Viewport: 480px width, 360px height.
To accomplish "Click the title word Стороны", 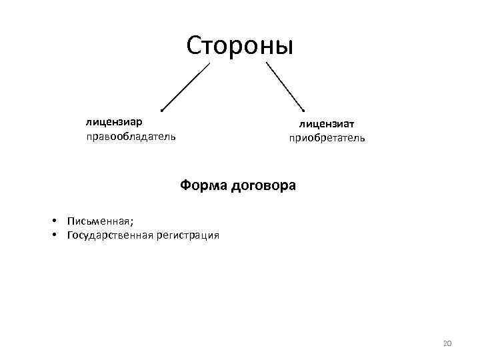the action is pyautogui.click(x=240, y=45).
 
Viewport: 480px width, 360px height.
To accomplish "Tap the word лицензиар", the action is pyautogui.click(x=113, y=123).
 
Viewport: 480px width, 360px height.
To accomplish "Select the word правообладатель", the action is pyautogui.click(x=131, y=137).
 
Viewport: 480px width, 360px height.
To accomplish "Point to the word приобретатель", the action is pyautogui.click(x=327, y=139).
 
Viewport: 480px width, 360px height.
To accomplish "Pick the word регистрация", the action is pyautogui.click(x=189, y=235).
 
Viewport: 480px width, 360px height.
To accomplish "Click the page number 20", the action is pyautogui.click(x=447, y=343).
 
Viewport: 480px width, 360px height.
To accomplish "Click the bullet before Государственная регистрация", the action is pyautogui.click(x=53, y=235).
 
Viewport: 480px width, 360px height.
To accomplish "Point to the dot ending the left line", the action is pyautogui.click(x=162, y=110).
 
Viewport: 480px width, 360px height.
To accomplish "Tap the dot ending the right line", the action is pyautogui.click(x=303, y=110).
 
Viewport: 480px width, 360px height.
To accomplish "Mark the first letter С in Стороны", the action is pyautogui.click(x=195, y=45).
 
